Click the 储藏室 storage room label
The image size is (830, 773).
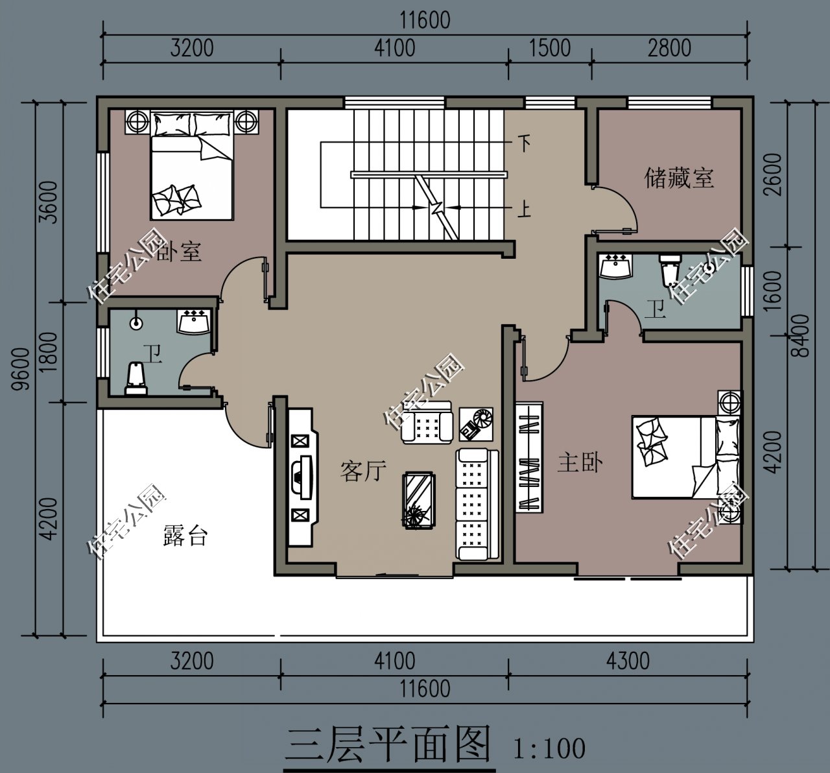(x=678, y=177)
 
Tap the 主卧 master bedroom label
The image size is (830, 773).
(x=580, y=463)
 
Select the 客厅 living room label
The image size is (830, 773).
(x=363, y=471)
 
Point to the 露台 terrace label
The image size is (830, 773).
(x=185, y=536)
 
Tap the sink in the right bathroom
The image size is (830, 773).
(x=615, y=267)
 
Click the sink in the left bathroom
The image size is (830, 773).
(x=193, y=322)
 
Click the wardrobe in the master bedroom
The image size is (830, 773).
(x=528, y=457)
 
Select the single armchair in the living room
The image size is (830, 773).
(x=427, y=423)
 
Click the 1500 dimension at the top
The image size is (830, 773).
(x=550, y=48)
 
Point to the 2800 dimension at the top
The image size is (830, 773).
(x=669, y=48)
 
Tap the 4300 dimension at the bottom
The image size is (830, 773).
(x=628, y=660)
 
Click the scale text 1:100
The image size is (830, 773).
(x=549, y=748)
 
